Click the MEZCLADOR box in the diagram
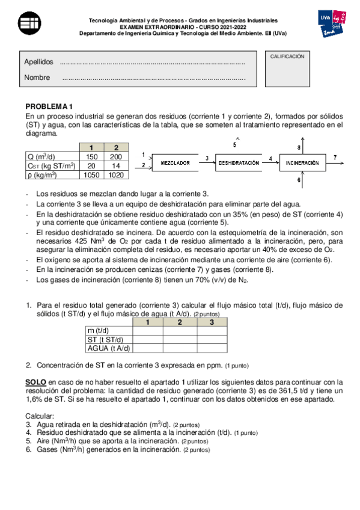coord(175,163)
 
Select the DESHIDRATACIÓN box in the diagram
coord(239,163)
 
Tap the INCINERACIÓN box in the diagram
coord(302,163)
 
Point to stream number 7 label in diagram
coord(335,157)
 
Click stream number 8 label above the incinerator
coord(299,147)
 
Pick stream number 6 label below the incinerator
coord(299,179)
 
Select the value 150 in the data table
coord(91,156)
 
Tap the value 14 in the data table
coord(116,165)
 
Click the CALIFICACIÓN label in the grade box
coord(287,56)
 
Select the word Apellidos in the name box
coord(38,62)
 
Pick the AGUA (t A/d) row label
coord(109,348)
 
